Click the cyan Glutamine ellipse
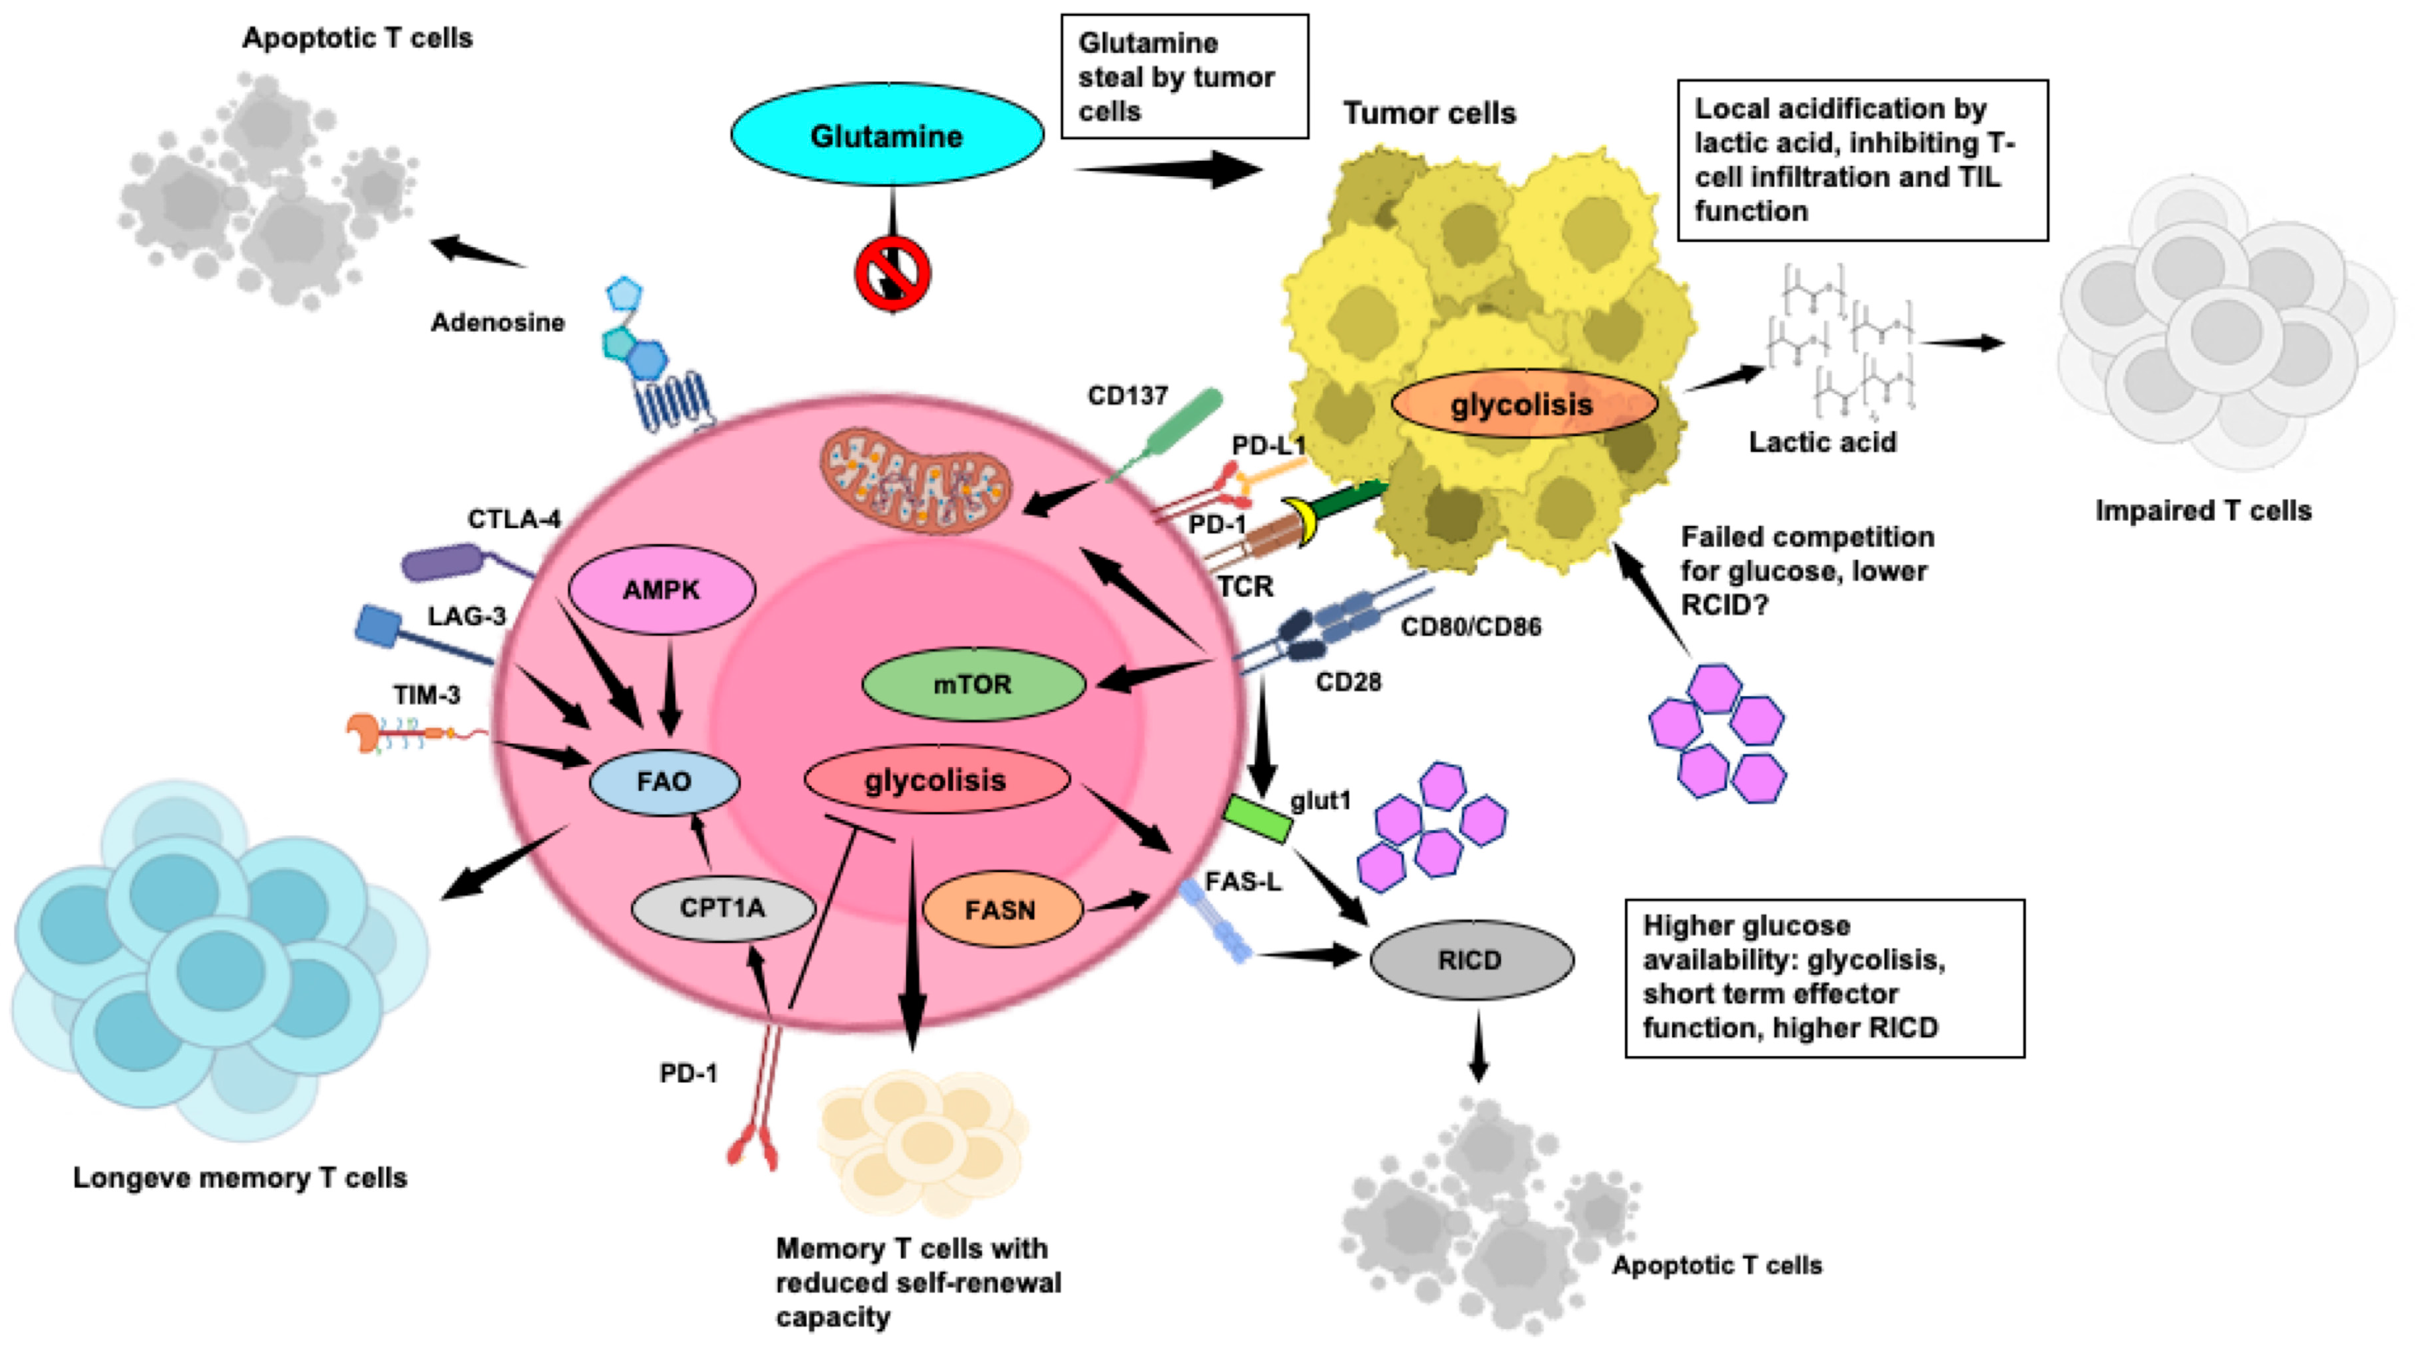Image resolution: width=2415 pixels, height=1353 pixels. (x=886, y=135)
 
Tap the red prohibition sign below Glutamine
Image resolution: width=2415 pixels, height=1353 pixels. (x=891, y=274)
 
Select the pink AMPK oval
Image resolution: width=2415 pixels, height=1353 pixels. (x=661, y=590)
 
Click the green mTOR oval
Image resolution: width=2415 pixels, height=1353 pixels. (x=972, y=685)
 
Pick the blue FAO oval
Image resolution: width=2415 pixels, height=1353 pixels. (x=664, y=781)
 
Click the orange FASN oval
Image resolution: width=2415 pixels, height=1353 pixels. (x=1001, y=909)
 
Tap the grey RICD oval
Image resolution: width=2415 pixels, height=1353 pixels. (x=1470, y=959)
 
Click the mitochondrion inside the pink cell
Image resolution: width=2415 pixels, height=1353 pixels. (x=916, y=481)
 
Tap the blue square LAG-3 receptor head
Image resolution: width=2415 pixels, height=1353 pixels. (x=379, y=625)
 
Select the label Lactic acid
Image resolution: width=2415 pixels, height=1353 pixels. (x=1822, y=442)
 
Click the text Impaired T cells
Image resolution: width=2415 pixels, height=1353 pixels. (x=2203, y=511)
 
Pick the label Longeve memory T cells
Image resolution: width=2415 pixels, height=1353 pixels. (x=240, y=1178)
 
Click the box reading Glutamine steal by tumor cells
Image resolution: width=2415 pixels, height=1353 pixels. (x=1184, y=77)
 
